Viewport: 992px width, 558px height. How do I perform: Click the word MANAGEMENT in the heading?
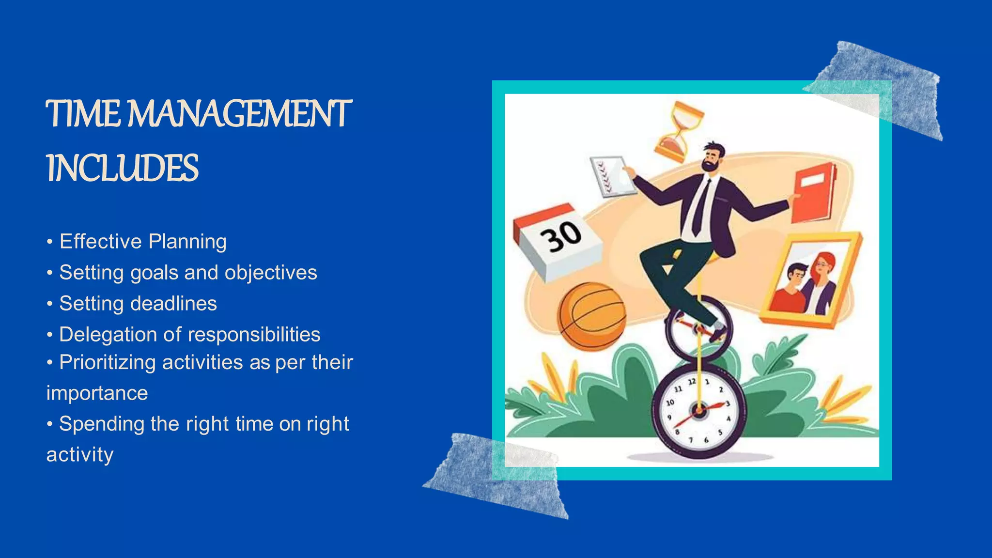[x=240, y=114]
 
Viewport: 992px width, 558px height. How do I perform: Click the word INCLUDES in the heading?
[x=122, y=169]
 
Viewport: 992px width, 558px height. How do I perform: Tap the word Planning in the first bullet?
[x=187, y=242]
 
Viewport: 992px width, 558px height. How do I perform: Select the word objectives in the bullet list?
[x=271, y=273]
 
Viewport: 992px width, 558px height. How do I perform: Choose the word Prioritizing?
[x=107, y=363]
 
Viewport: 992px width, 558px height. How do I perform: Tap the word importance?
[x=97, y=393]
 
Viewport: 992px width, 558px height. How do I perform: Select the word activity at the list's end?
[x=80, y=455]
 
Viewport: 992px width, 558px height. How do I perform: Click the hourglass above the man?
[x=679, y=130]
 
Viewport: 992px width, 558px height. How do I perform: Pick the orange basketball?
[x=591, y=315]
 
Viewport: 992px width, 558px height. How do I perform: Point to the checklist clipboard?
[x=612, y=176]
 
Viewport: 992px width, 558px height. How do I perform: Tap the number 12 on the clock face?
[x=692, y=382]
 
